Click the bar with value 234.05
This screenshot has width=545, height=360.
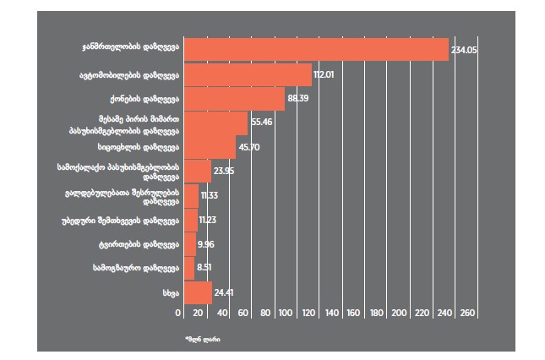[315, 50]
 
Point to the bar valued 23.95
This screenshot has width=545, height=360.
[197, 172]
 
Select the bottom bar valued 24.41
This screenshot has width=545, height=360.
[197, 293]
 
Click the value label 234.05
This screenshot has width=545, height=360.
[466, 51]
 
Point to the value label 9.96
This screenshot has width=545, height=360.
[206, 245]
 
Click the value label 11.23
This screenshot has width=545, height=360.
[209, 221]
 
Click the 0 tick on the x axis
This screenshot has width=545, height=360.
[179, 314]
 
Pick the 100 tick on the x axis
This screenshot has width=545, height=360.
[290, 314]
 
